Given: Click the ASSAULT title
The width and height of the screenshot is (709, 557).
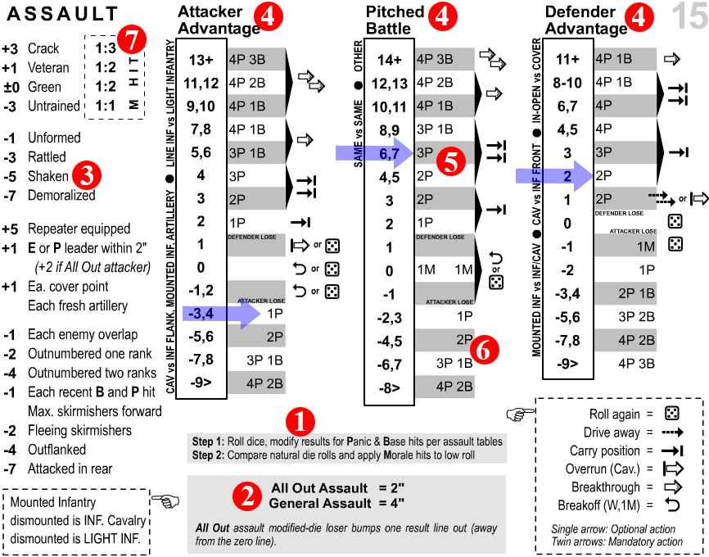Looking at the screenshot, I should click(x=66, y=14).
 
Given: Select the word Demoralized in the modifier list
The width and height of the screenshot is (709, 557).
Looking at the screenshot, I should click(x=61, y=196).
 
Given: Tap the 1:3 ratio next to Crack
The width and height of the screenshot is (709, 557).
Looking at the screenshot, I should click(x=103, y=49).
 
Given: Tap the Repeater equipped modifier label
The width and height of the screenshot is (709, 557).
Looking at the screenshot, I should click(x=78, y=229).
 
